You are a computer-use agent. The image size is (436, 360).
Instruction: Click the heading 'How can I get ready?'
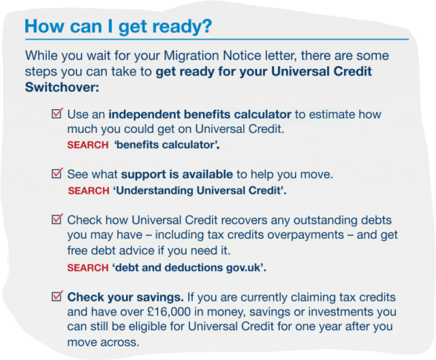(119, 27)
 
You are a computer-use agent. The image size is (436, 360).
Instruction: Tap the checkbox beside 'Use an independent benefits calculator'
(57, 113)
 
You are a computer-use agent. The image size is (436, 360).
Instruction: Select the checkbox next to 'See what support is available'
(57, 173)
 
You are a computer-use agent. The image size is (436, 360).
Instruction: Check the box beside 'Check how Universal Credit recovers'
(57, 220)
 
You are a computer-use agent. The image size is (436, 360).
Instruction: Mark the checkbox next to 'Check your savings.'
(57, 297)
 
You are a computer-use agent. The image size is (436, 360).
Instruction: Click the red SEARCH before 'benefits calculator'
(88, 145)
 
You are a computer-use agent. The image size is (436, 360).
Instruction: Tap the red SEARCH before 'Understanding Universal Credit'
(89, 191)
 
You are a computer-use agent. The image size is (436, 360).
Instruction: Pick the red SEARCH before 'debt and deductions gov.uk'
(88, 268)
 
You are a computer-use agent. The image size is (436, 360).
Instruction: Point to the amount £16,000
(169, 312)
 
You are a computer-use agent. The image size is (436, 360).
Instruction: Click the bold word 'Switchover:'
(62, 87)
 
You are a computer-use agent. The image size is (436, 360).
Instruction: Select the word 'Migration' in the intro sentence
(191, 56)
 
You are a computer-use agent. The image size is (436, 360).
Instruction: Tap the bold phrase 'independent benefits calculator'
(200, 115)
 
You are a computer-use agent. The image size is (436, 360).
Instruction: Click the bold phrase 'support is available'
(177, 175)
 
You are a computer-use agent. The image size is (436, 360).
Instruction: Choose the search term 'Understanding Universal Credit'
(200, 191)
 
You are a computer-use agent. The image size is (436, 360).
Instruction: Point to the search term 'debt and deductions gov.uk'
(189, 268)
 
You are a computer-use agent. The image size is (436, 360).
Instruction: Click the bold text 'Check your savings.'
(125, 297)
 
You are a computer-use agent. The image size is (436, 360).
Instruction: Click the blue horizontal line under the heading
(217, 40)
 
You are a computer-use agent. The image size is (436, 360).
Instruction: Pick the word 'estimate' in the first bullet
(328, 115)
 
